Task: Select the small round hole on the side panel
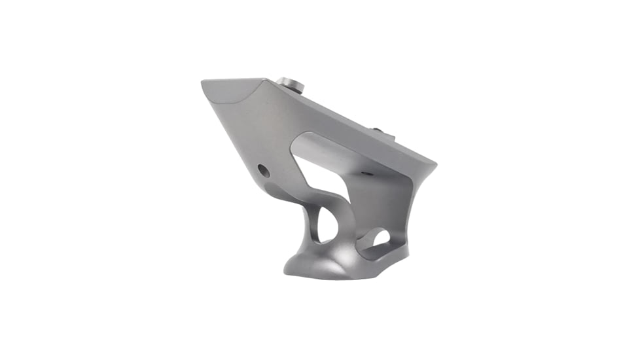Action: tap(263, 170)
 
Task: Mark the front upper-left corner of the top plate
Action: tap(204, 83)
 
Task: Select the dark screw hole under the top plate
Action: tap(366, 173)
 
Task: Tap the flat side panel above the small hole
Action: tap(262, 137)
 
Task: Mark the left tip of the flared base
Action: tap(284, 268)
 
